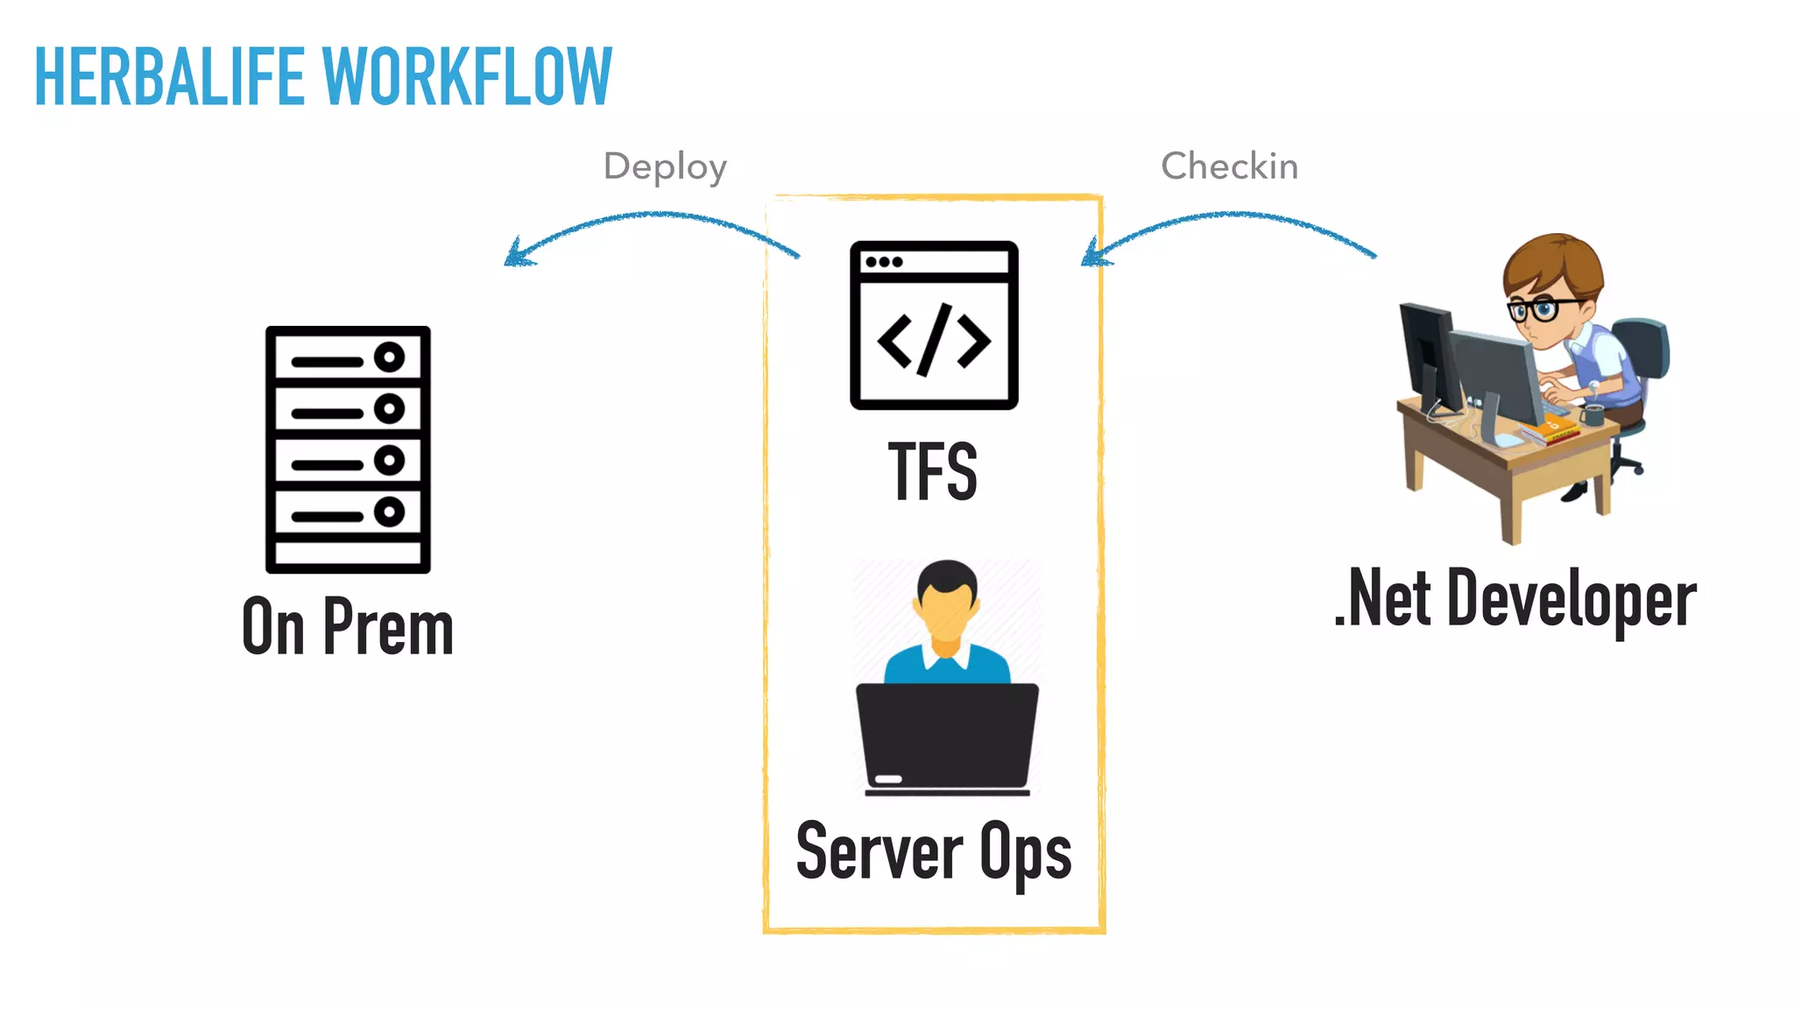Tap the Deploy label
pos(665,166)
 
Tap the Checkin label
pos(1229,166)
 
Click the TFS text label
pos(933,472)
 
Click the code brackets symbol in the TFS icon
pos(934,340)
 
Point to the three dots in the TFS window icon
pos(883,262)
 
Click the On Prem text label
pos(348,626)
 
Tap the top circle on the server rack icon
pos(389,356)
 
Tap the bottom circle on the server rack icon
pos(389,512)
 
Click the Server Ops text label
pos(933,851)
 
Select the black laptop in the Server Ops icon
pos(947,736)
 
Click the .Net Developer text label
pos(1515,599)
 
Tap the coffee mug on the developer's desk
pos(1592,413)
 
